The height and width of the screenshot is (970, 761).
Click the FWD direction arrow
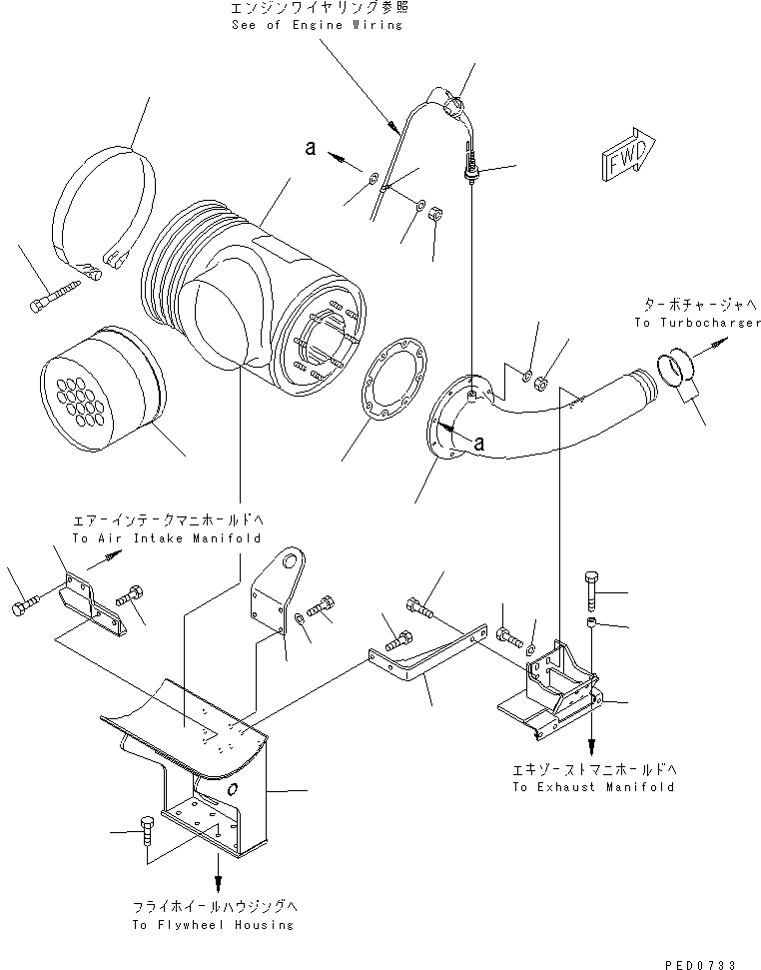(x=626, y=156)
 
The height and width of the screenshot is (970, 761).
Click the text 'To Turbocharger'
(x=696, y=324)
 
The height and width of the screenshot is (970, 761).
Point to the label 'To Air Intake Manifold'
(x=166, y=537)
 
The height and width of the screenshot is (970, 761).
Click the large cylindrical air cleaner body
(x=260, y=311)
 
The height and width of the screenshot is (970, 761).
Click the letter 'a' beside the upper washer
(x=311, y=148)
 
